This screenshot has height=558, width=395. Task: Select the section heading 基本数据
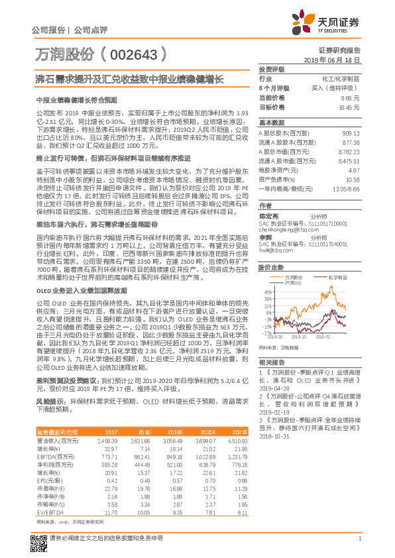pos(270,123)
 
